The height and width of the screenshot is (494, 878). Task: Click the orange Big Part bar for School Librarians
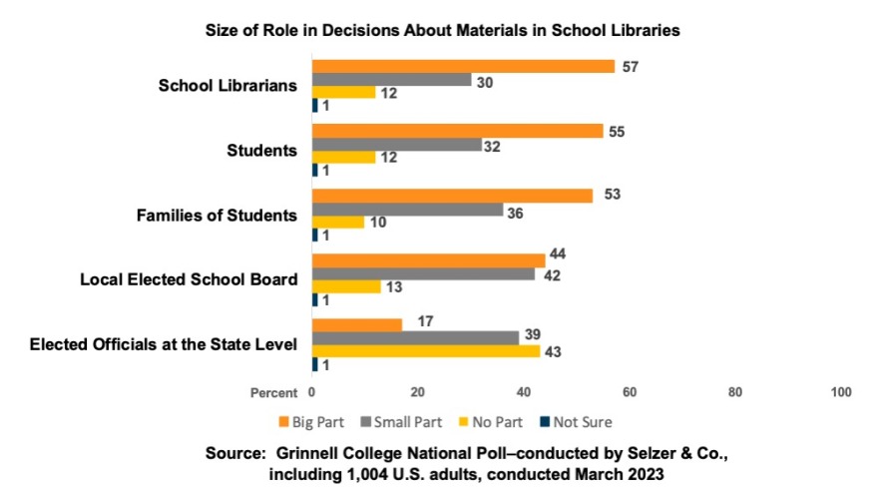click(463, 66)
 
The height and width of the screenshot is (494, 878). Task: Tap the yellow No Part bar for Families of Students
click(338, 222)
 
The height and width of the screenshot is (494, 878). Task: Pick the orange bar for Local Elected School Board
click(428, 260)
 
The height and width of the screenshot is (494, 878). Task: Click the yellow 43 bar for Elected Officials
click(426, 351)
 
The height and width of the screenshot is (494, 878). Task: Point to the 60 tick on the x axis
click(630, 392)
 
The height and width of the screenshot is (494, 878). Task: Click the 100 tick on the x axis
click(840, 392)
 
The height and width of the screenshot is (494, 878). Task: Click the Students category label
click(262, 151)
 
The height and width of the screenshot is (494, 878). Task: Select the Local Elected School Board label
click(189, 279)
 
